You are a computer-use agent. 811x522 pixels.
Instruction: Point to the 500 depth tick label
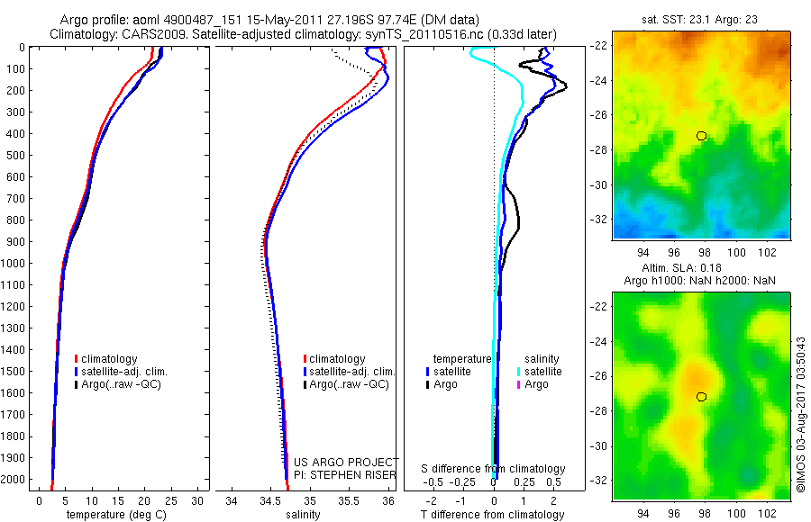[x=15, y=156]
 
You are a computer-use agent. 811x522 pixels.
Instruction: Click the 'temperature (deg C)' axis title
[x=113, y=515]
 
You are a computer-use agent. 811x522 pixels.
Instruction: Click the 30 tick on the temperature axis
[x=198, y=500]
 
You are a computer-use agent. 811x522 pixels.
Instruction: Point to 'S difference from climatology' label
[x=493, y=469]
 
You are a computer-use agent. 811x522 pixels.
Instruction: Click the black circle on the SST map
[x=701, y=136]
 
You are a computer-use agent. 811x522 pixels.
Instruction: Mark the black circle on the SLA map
[x=701, y=397]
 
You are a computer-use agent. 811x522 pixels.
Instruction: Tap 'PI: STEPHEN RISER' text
[x=346, y=474]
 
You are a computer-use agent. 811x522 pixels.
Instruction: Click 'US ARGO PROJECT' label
[x=346, y=462]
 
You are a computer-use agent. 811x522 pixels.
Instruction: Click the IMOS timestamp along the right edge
[x=800, y=414]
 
